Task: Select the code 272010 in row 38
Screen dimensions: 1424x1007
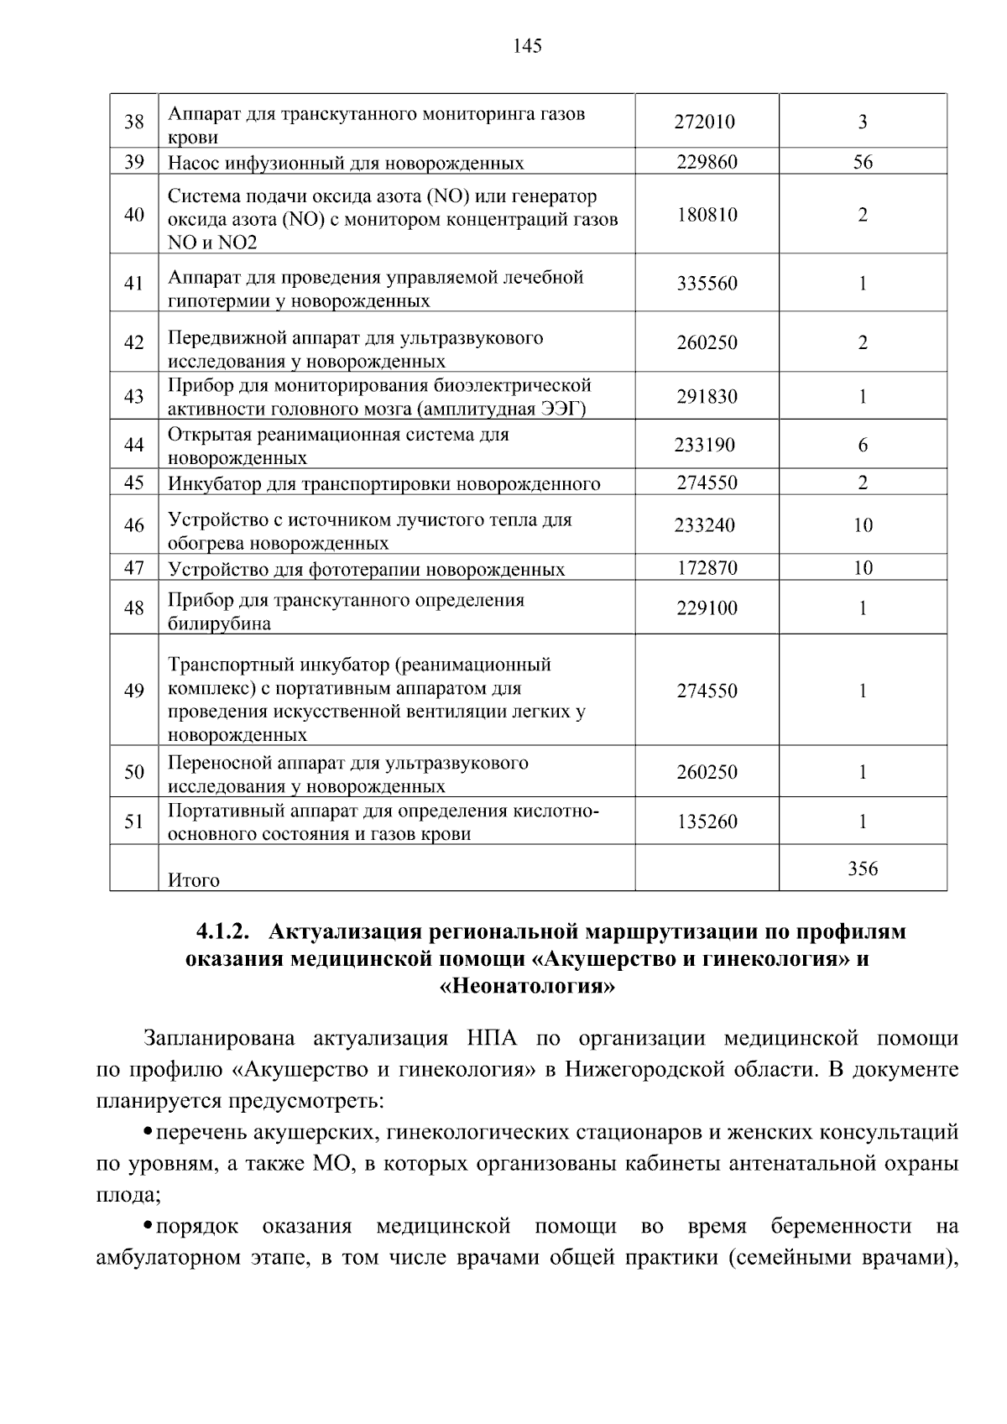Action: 705,123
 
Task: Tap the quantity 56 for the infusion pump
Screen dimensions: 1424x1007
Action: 863,163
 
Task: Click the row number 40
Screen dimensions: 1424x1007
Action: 134,215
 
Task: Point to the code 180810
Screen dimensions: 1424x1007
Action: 707,215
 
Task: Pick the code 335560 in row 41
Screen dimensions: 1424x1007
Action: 707,284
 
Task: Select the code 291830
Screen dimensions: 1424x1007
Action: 707,397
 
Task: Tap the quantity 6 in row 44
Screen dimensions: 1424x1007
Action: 863,446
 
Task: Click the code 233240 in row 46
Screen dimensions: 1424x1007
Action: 705,526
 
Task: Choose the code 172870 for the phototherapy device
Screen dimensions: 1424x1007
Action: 707,568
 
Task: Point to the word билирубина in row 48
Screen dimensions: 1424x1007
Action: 219,623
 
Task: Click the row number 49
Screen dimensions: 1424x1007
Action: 134,691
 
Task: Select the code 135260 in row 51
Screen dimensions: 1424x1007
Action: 707,822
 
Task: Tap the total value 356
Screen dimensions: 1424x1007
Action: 863,868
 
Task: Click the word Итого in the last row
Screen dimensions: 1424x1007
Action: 194,880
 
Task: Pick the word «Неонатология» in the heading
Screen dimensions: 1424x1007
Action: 528,986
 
